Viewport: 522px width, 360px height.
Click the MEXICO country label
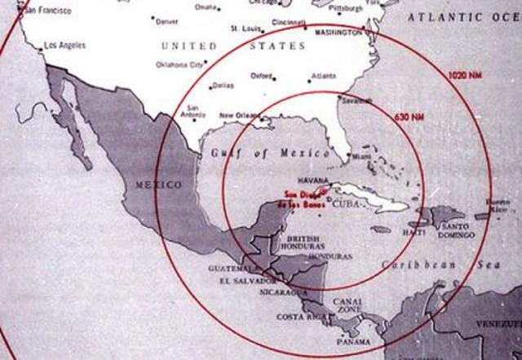tap(159, 185)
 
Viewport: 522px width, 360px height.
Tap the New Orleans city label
tap(240, 116)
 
